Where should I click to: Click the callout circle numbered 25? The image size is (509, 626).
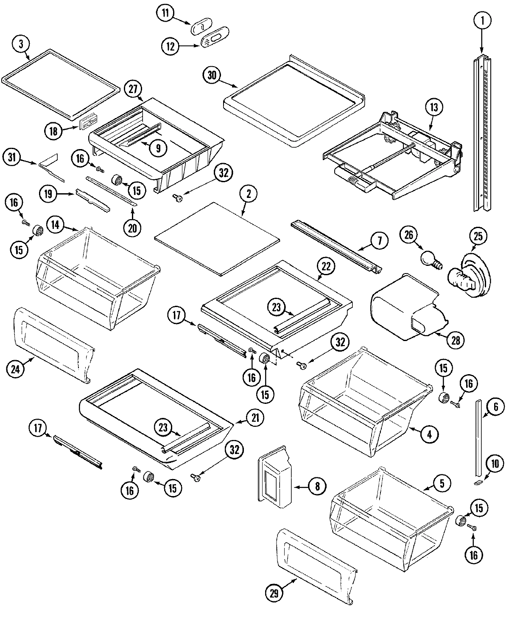coord(478,237)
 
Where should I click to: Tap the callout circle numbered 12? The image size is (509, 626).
coord(170,46)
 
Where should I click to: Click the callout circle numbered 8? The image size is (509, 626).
coord(318,485)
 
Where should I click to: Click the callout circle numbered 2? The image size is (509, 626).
coord(249,195)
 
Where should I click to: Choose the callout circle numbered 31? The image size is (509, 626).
coord(13,158)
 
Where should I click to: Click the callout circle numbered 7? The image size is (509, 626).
coord(379,241)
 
